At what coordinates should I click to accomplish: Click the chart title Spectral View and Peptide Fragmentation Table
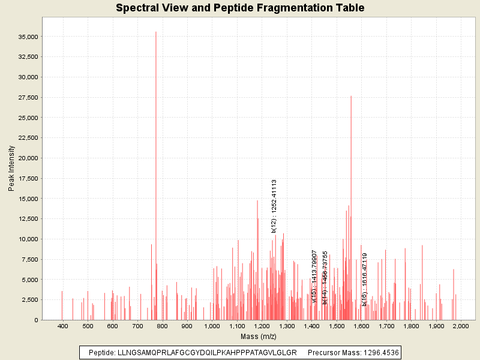240,8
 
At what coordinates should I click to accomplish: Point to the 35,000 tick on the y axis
27,37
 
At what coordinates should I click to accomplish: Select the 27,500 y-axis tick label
27,97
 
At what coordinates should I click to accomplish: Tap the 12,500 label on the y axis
27,219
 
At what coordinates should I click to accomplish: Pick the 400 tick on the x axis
62,325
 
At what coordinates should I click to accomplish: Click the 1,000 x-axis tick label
212,325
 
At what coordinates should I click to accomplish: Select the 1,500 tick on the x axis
336,325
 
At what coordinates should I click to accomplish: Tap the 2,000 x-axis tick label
460,325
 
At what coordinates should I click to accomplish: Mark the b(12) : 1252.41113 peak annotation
274,206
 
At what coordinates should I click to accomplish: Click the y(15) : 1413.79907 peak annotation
314,277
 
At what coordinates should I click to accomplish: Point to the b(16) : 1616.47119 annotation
364,279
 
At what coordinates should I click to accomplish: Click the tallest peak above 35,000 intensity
156,32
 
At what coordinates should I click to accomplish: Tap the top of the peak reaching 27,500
351,97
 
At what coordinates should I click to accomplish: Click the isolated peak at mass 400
62,292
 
